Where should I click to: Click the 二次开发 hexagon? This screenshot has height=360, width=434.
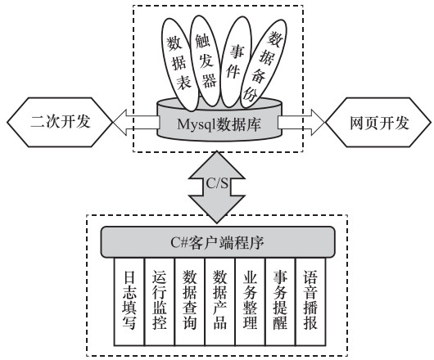coord(60,122)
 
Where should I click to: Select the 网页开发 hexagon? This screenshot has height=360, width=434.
coord(378,122)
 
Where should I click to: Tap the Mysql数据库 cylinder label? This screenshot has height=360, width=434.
coord(219,124)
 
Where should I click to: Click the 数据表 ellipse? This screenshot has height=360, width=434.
coord(179,65)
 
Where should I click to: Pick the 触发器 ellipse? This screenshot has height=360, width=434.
coord(206,61)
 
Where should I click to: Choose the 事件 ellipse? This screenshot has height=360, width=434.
coord(236,61)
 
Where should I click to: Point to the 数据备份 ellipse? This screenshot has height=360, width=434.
coord(263,64)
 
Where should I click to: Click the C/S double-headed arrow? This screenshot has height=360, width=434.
coord(217,187)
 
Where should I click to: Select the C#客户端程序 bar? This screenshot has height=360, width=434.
coord(218,242)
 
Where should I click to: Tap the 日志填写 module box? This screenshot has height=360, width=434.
coord(129,302)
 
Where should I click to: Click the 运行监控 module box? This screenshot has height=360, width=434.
coord(160,302)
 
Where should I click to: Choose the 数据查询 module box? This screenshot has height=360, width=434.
coord(190,302)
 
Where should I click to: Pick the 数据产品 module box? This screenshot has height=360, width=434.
coord(220,302)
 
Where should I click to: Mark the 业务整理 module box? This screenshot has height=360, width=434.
coord(251,302)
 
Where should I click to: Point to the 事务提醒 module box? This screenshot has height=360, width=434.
coord(280,302)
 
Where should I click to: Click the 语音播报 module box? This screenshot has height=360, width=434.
coord(310,302)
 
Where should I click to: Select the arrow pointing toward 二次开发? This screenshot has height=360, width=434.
coord(136,122)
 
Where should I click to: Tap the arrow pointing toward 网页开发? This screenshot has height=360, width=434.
coord(301,122)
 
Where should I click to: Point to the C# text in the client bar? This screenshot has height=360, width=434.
coord(179,242)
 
